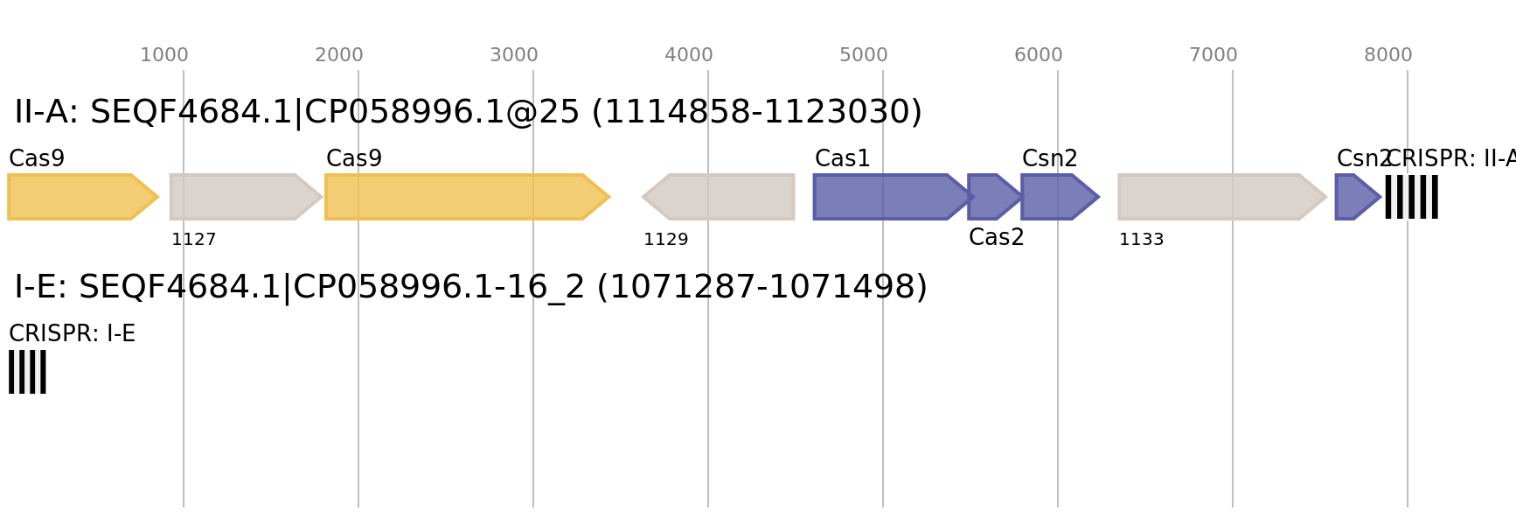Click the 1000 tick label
[x=164, y=55]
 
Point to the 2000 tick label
[x=339, y=55]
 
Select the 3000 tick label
[x=514, y=55]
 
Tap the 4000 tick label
[x=689, y=55]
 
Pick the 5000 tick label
[x=864, y=55]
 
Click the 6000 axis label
[x=1039, y=55]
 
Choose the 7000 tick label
[x=1213, y=55]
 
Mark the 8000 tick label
[x=1388, y=55]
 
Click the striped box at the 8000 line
[x=1411, y=197]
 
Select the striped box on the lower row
[x=27, y=372]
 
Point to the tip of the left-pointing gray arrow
[x=643, y=197]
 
